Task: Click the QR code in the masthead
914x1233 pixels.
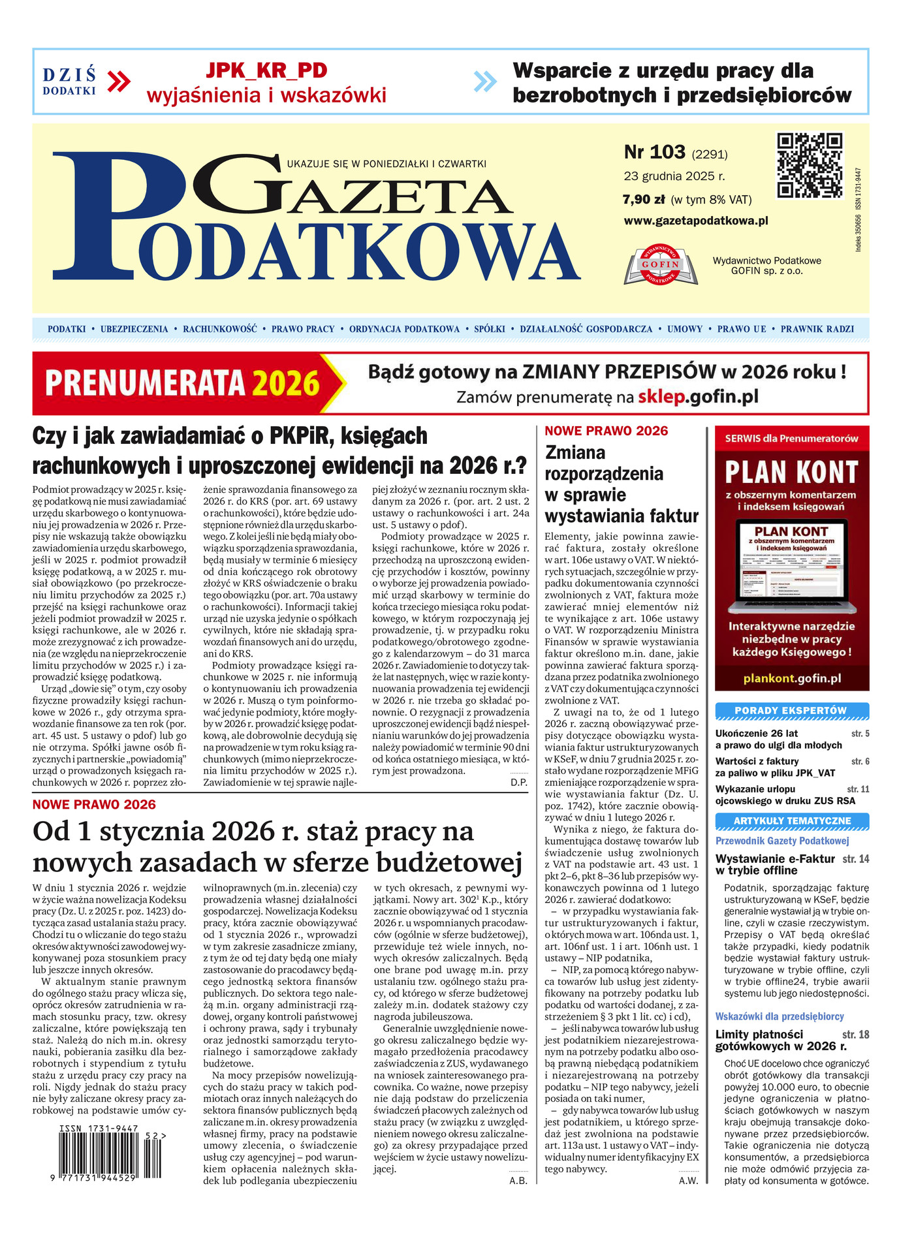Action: pos(810,164)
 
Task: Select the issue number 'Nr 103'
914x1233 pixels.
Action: pos(654,153)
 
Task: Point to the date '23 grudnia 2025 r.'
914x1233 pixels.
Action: pos(674,176)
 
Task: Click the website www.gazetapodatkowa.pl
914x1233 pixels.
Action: pos(696,221)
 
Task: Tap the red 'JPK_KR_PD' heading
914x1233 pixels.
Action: pos(266,70)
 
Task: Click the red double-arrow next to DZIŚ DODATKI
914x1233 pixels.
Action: pos(119,82)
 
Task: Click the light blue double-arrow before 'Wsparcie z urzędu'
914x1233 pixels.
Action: pos(485,82)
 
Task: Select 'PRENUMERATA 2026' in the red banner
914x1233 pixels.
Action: pos(182,384)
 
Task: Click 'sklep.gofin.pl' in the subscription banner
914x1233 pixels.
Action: pos(698,396)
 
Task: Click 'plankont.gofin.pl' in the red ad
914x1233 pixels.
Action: pos(792,679)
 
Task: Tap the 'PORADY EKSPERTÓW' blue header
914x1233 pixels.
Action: pos(791,710)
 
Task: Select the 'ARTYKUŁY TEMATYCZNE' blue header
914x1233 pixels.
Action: pos(792,820)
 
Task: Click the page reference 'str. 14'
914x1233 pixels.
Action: pos(856,859)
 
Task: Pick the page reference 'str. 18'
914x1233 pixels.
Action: pos(856,1035)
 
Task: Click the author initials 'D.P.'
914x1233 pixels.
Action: pos(519,782)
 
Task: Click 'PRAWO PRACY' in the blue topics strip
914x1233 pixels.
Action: pos(303,329)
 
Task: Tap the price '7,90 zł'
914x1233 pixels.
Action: pos(644,200)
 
